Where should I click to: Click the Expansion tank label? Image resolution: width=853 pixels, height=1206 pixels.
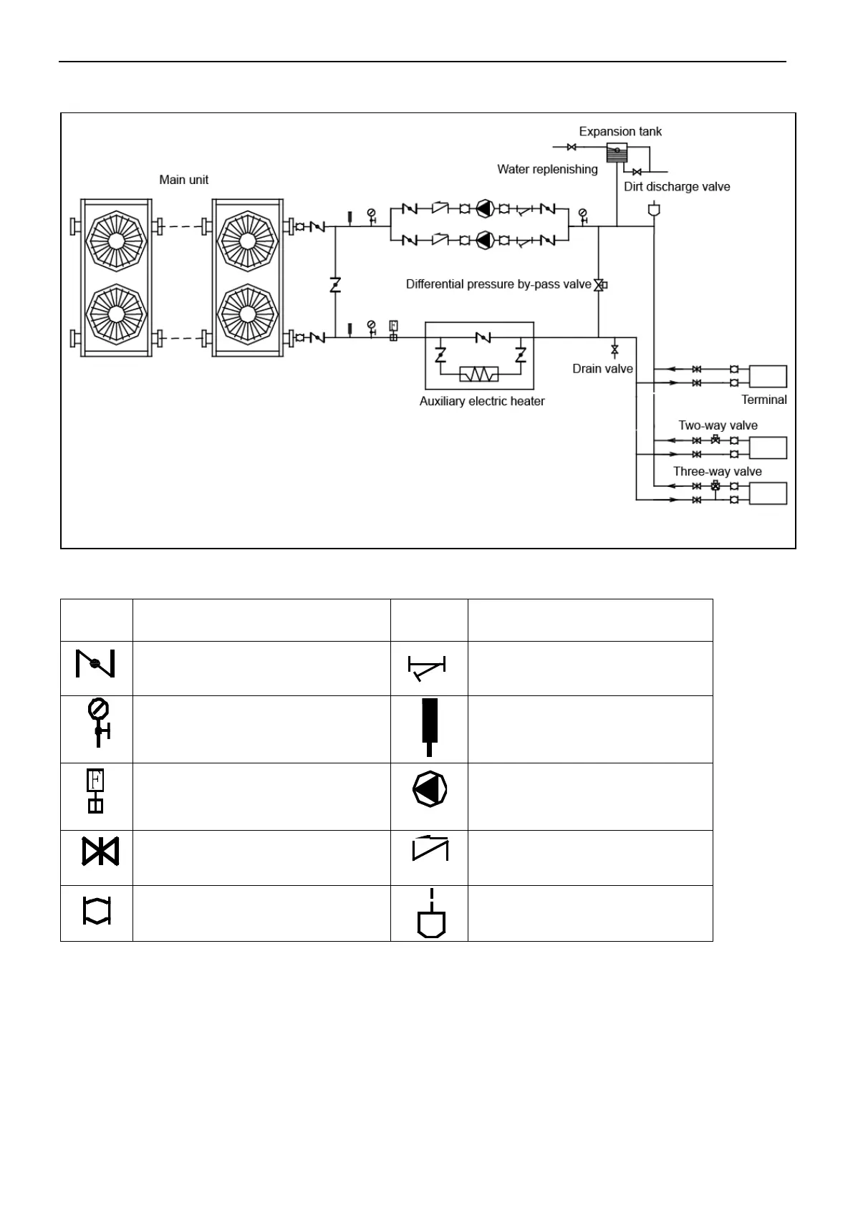[620, 132]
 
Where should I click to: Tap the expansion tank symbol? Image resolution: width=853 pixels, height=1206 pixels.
[617, 151]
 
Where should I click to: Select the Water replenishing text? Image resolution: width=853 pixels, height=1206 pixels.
[547, 170]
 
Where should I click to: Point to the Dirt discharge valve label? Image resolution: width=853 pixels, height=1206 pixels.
[677, 187]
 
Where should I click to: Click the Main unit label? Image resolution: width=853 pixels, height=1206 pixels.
[183, 180]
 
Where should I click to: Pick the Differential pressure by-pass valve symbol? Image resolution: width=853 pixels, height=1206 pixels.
[599, 285]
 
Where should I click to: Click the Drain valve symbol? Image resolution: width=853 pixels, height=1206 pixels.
[615, 350]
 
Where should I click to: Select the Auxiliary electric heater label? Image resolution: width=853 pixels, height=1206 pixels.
[482, 402]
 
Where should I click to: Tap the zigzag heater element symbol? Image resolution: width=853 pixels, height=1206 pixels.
[479, 375]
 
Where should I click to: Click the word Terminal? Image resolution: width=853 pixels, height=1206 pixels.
[763, 400]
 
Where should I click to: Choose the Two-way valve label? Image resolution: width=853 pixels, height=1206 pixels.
[718, 425]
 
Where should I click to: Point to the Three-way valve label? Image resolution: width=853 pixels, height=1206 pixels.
[717, 472]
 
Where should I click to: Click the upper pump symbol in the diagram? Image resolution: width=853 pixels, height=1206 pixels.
[485, 209]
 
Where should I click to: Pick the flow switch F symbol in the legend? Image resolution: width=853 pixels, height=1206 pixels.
[95, 790]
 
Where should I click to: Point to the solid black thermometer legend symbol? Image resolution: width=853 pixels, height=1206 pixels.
[429, 725]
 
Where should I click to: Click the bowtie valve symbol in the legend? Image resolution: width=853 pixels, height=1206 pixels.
[100, 852]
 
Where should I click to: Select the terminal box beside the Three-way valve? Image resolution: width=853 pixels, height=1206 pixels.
[768, 493]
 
